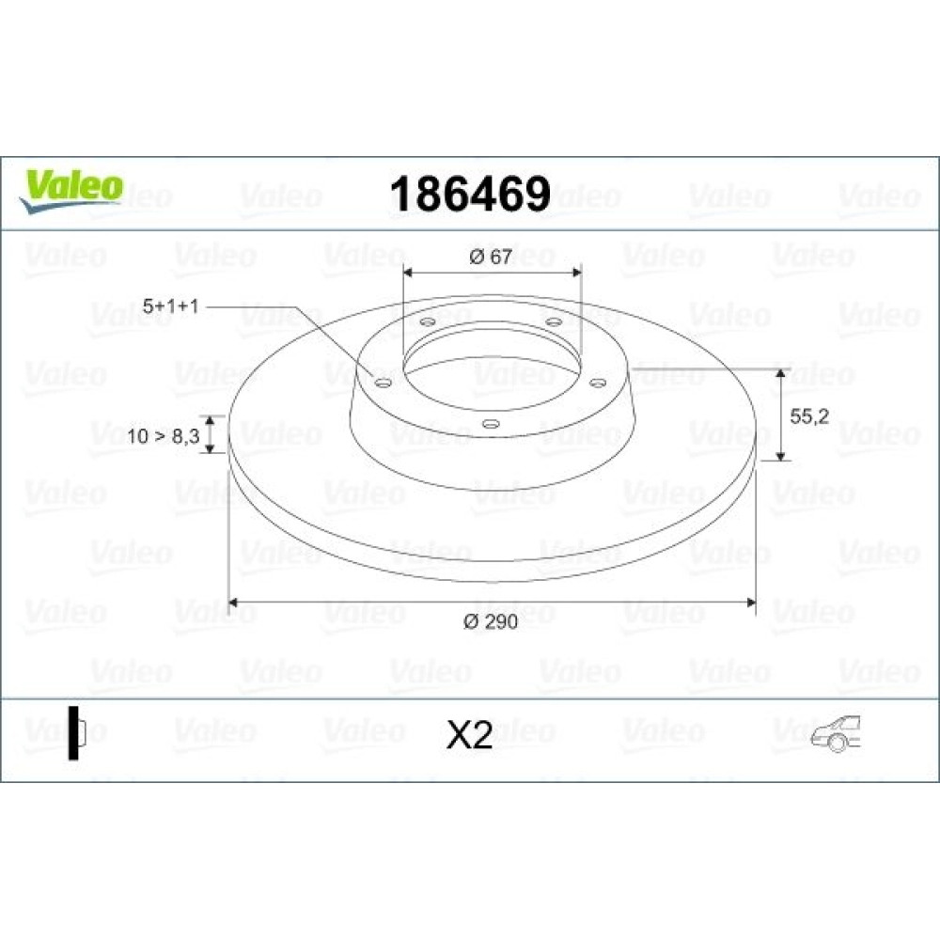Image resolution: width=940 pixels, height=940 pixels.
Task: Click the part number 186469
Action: (470, 195)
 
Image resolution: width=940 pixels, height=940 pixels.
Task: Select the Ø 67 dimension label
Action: (491, 257)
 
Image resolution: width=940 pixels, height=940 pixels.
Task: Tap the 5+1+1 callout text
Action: (170, 306)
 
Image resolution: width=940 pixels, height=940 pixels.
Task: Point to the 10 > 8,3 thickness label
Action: (163, 436)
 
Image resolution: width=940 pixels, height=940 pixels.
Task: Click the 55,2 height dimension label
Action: (809, 416)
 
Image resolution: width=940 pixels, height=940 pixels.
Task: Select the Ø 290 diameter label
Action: (491, 621)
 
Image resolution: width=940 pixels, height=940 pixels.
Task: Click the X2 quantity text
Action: (469, 735)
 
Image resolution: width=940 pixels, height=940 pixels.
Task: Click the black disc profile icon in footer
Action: (76, 733)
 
